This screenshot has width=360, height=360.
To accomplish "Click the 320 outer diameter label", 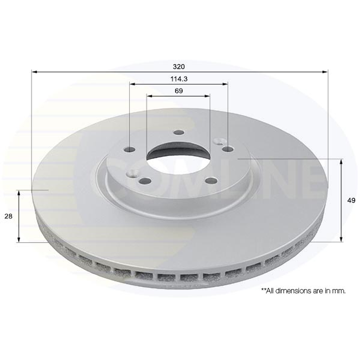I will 179,66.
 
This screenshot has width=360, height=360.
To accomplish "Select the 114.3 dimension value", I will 179,79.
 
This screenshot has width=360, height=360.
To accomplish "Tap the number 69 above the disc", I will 178,91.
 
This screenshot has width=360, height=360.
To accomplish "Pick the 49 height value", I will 351,201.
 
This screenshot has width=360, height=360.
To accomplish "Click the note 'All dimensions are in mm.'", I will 303,291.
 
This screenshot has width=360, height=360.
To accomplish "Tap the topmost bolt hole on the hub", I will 179,133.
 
